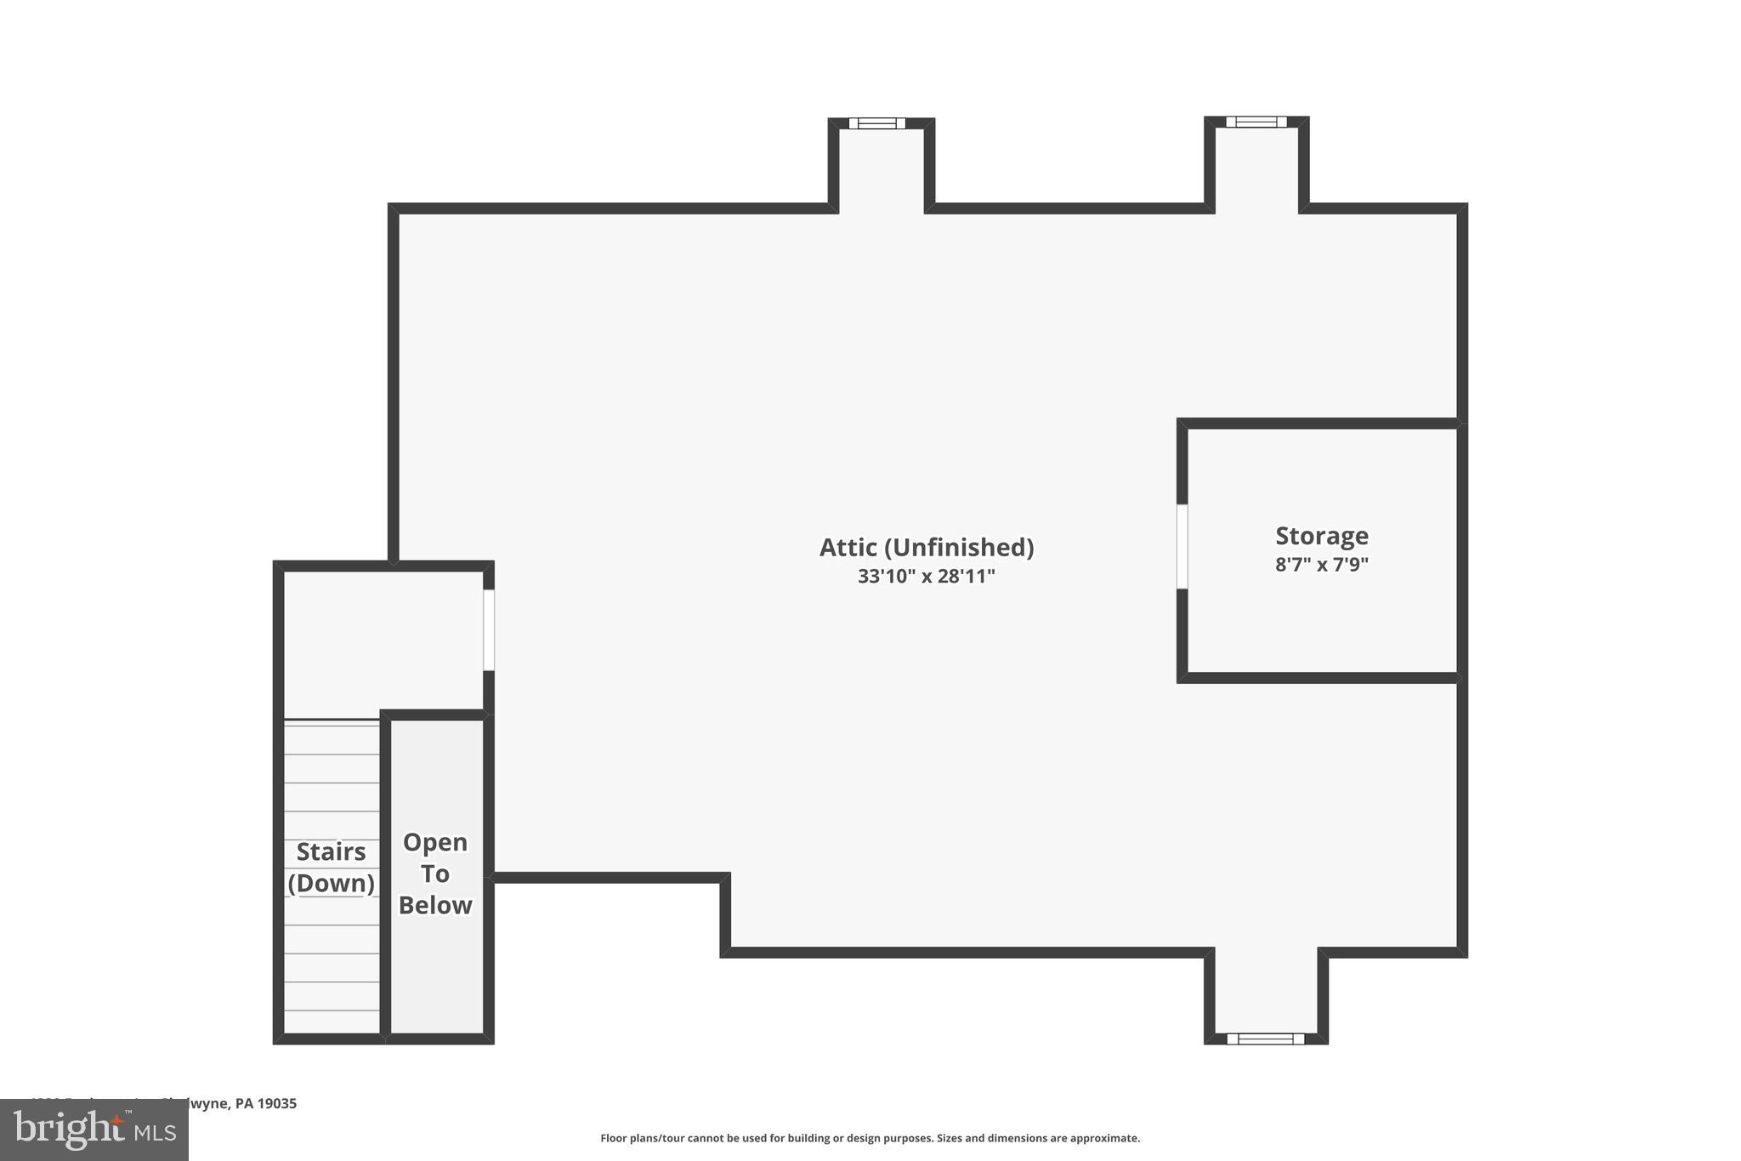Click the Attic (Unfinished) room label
926,548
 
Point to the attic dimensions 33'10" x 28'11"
926,577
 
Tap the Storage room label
1321,536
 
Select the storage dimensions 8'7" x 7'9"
1321,565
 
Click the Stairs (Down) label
331,868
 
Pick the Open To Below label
435,874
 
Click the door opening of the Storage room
1182,546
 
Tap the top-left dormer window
877,123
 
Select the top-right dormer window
1256,122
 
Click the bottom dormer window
1265,1039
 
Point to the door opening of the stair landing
489,629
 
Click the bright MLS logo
94,1130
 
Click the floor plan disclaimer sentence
870,1138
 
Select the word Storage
1321,536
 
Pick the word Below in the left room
435,905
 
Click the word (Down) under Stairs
331,884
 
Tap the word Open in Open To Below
435,842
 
